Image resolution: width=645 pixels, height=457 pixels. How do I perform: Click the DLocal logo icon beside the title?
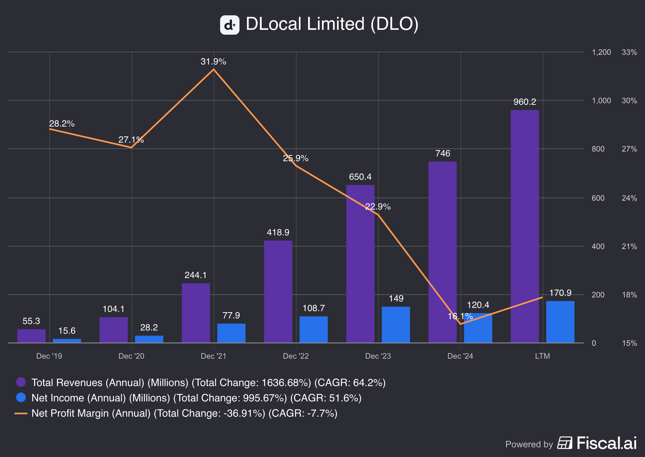(230, 25)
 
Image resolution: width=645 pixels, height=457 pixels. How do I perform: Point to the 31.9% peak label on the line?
(213, 61)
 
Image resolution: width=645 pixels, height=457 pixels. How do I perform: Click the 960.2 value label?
(525, 102)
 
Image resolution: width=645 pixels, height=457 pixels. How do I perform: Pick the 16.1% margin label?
(460, 316)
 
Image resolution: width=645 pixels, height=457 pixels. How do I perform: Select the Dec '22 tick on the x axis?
(296, 356)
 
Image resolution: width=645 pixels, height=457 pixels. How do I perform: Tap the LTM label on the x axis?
(542, 356)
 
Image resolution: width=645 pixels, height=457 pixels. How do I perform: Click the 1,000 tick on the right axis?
(601, 100)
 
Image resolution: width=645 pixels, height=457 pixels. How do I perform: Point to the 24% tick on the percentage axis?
(629, 198)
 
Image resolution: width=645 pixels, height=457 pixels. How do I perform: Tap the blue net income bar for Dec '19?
(67, 341)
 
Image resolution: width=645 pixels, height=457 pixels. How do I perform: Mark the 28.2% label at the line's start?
(62, 124)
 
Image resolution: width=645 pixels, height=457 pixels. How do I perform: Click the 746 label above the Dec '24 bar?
(443, 153)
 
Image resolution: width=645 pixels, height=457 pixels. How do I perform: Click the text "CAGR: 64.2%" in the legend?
(350, 382)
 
